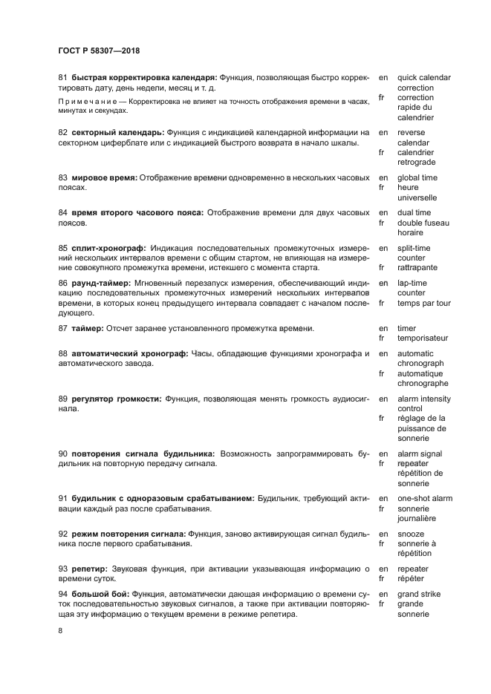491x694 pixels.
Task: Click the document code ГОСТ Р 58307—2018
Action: [99, 50]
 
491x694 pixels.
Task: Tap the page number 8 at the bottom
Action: [61, 630]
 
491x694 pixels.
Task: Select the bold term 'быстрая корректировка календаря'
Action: [144, 77]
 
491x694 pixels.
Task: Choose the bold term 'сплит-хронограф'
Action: [108, 248]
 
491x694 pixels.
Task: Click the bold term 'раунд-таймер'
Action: [100, 283]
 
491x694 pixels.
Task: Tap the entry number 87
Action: [63, 328]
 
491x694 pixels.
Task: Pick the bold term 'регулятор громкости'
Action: [116, 399]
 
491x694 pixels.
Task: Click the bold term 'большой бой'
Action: [100, 594]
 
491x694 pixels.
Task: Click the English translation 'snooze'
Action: [411, 533]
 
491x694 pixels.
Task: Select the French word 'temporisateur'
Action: [423, 338]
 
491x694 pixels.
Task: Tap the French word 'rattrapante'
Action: [417, 267]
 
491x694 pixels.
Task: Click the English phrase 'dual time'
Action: [414, 212]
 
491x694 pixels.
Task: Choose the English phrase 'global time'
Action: [417, 178]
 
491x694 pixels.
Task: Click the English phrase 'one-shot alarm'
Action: [425, 498]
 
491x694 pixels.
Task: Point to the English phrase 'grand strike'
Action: [419, 594]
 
